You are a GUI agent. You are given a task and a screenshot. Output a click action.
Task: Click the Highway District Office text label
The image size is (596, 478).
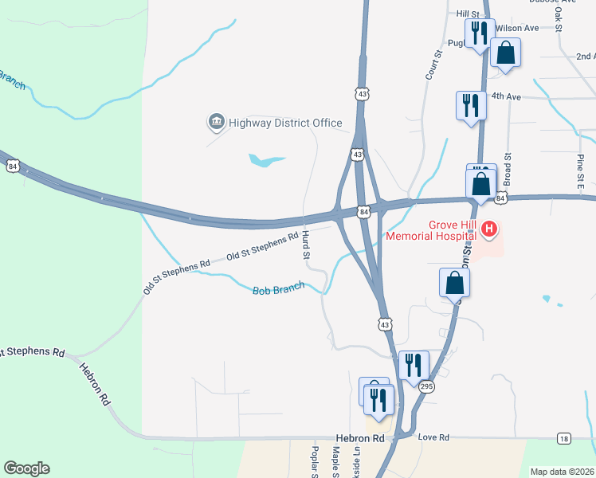285,123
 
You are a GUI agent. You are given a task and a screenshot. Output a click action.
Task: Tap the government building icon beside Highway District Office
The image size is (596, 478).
216,122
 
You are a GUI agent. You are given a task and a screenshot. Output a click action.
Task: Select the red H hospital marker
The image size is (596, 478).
489,231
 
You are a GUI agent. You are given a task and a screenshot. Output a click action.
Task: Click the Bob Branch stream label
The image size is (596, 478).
279,291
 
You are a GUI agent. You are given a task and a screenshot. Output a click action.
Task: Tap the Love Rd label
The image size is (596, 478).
433,437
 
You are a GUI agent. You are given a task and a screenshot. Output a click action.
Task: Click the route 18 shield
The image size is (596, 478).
564,439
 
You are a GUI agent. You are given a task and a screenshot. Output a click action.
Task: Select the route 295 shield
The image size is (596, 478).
427,386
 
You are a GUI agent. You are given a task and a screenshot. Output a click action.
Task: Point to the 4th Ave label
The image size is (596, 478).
505,96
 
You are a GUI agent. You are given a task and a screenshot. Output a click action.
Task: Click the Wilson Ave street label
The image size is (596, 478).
517,28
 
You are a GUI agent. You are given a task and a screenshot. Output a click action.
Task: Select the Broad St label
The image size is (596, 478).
506,170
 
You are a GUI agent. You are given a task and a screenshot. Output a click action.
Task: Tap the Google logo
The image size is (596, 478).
26,468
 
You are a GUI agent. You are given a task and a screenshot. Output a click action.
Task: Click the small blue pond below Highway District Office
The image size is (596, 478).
265,161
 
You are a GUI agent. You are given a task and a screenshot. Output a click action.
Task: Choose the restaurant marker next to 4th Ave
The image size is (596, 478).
470,105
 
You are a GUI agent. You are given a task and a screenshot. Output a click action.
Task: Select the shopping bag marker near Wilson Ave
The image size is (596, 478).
505,53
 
